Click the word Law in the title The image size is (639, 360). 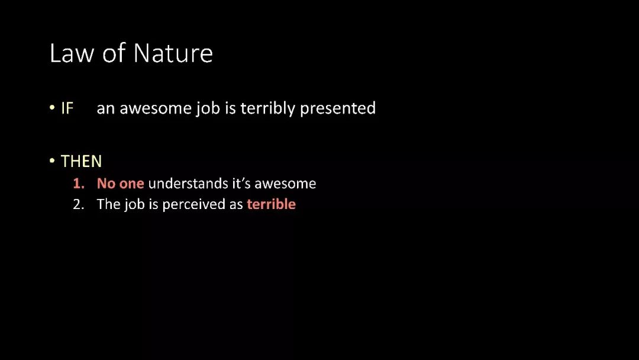pyautogui.click(x=72, y=53)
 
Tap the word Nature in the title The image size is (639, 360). pyautogui.click(x=173, y=53)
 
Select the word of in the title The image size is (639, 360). pyautogui.click(x=114, y=53)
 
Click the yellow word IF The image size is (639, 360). pyautogui.click(x=67, y=108)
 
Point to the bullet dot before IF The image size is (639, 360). pyautogui.click(x=52, y=108)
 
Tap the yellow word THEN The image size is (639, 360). pyautogui.click(x=82, y=162)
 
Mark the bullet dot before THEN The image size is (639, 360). pyautogui.click(x=52, y=161)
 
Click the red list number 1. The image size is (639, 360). pyautogui.click(x=79, y=184)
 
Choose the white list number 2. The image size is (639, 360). pyautogui.click(x=79, y=204)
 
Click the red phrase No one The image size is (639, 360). pyautogui.click(x=121, y=184)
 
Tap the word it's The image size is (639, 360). pyautogui.click(x=241, y=184)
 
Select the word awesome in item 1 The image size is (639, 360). pyautogui.click(x=285, y=184)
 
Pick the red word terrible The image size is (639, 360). pyautogui.click(x=272, y=204)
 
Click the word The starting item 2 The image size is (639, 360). pyautogui.click(x=109, y=204)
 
